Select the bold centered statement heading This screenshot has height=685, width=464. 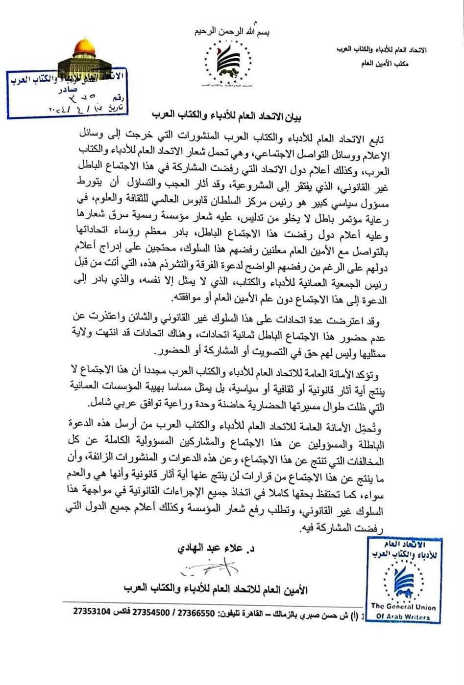pos(230,116)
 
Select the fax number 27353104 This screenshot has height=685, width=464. pos(93,612)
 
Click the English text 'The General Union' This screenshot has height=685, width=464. pos(403,606)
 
